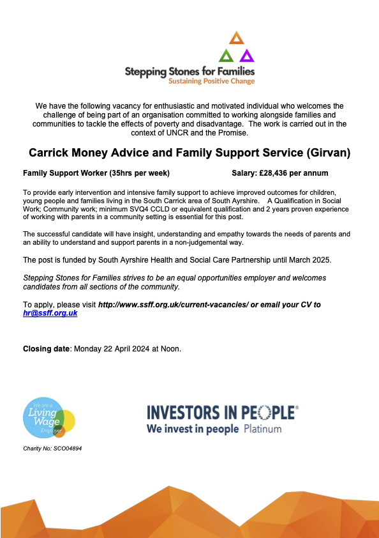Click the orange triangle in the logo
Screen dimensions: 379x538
tap(236, 38)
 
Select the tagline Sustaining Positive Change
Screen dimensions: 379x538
tap(211, 81)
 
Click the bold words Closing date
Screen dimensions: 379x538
tap(47, 348)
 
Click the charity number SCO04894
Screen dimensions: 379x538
tap(66, 449)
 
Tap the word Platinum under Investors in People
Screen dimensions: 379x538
tap(262, 429)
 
